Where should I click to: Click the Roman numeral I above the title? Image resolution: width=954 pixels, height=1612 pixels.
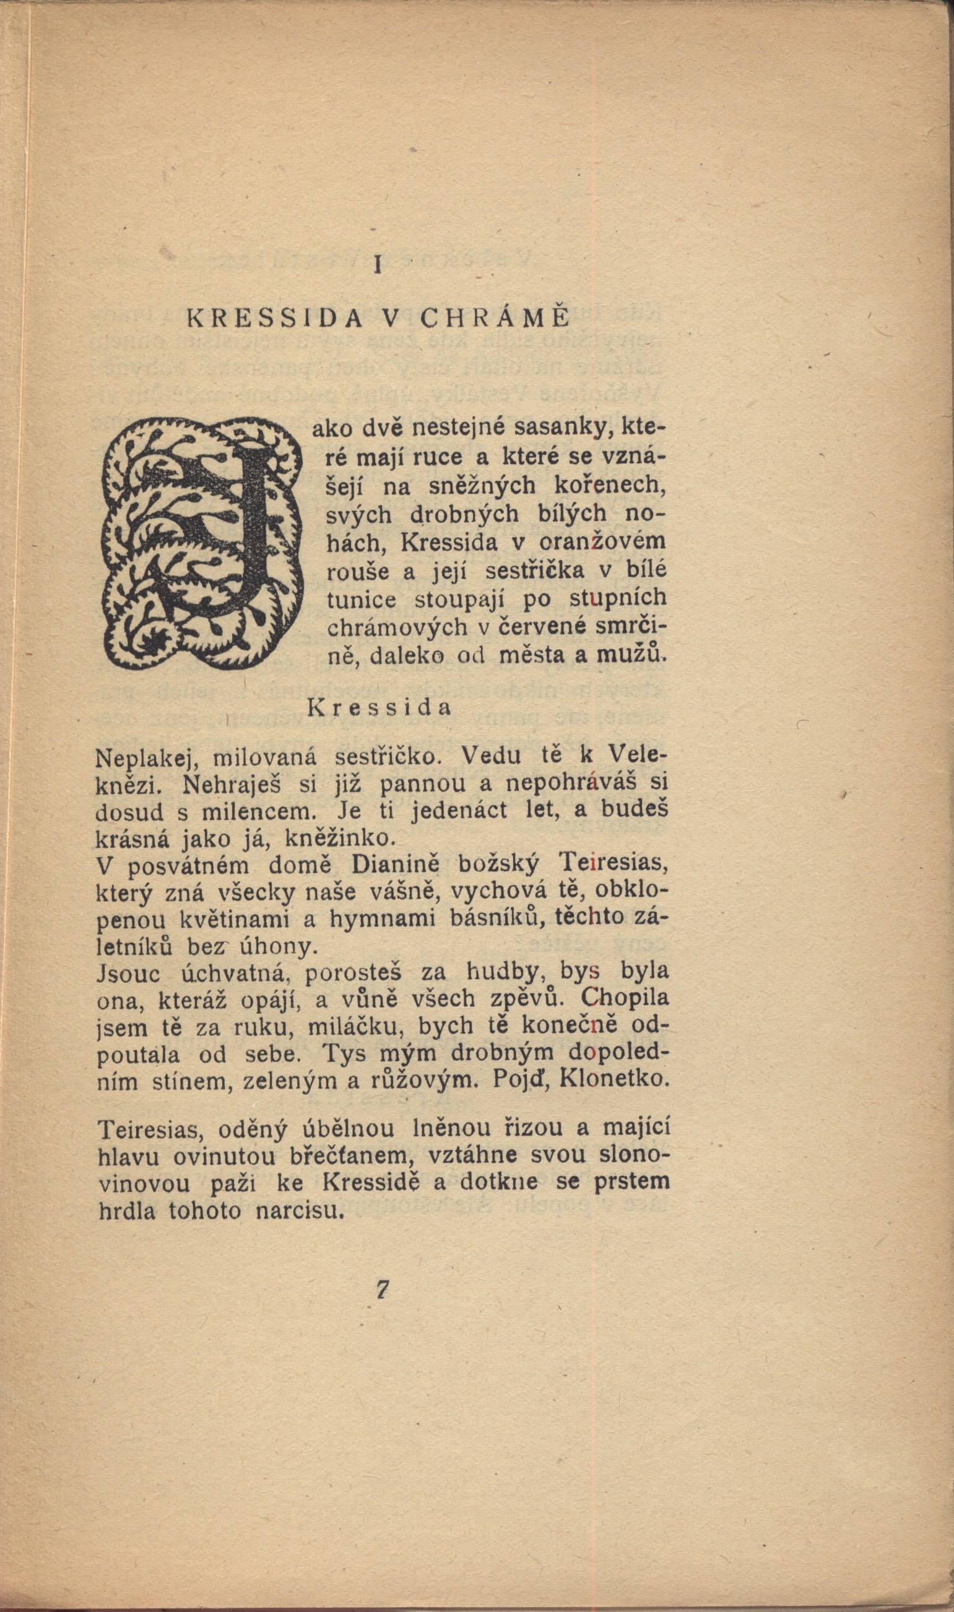click(379, 265)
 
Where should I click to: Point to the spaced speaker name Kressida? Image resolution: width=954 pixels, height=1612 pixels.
click(379, 707)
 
